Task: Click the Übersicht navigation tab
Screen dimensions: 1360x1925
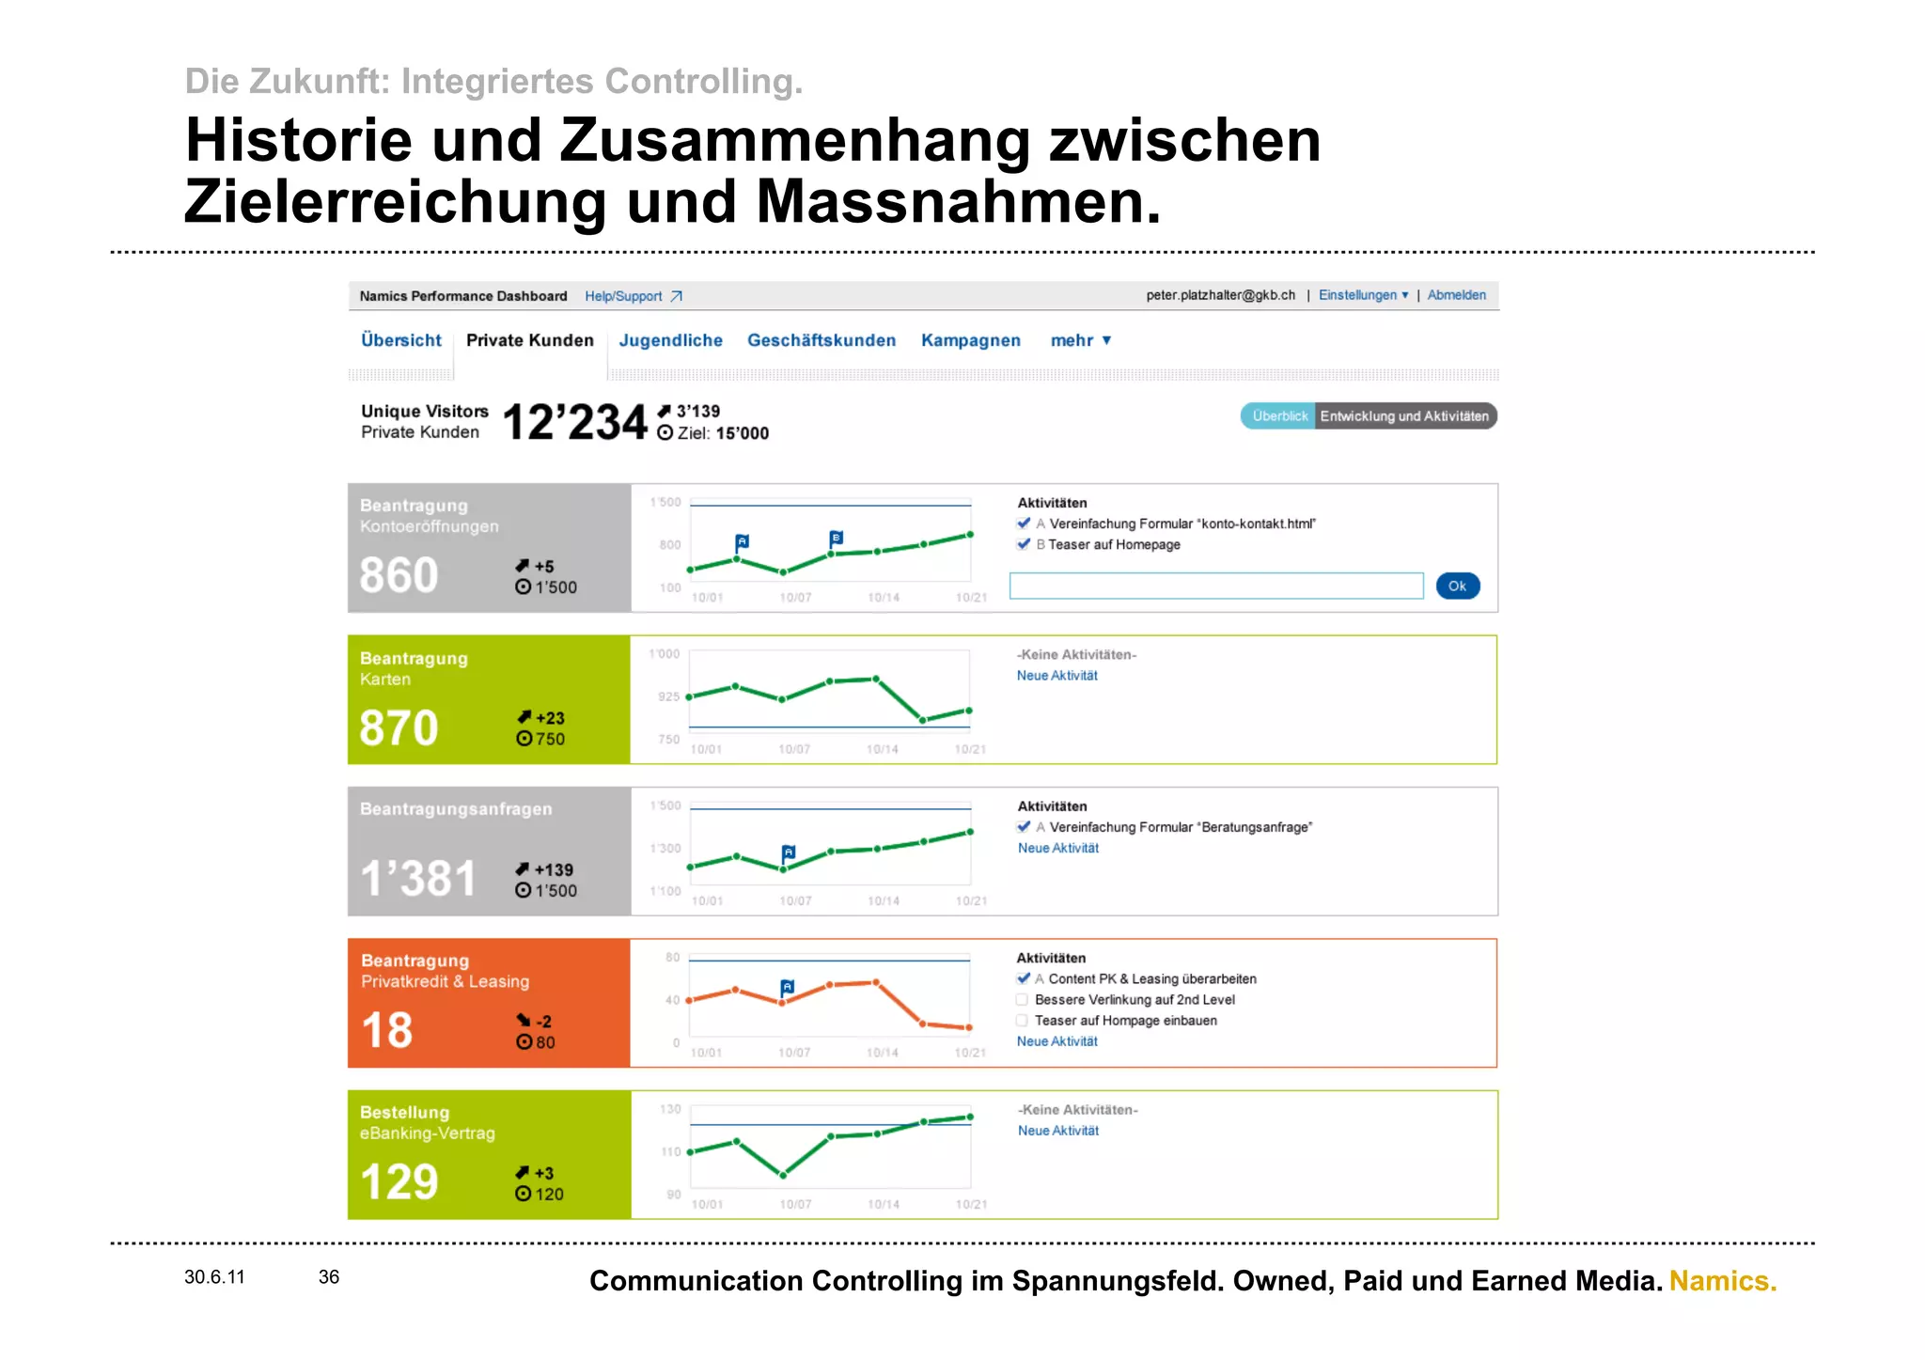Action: [x=400, y=340]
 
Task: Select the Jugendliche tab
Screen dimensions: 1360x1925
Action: [x=670, y=340]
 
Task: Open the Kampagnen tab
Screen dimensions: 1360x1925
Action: [x=970, y=340]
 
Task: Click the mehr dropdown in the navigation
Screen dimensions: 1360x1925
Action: [x=1080, y=340]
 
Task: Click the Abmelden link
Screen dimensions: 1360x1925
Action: [x=1456, y=295]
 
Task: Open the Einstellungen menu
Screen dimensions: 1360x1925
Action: [x=1362, y=295]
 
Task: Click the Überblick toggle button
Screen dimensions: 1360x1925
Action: [x=1278, y=416]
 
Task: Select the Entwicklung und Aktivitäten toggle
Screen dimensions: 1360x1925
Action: [x=1403, y=416]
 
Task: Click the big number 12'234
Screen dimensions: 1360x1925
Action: [x=574, y=422]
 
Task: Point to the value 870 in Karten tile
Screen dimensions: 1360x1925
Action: [x=399, y=728]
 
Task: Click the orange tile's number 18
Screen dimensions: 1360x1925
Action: [x=386, y=1031]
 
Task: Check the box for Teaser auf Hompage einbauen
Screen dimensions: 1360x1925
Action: [x=1022, y=1021]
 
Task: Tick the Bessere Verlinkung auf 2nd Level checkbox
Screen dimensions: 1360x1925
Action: [x=1022, y=1000]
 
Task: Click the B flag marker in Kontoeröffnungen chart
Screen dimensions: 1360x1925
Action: [x=836, y=539]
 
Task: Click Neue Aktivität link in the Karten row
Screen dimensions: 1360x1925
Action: [x=1056, y=676]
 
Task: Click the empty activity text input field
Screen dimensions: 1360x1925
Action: [x=1215, y=586]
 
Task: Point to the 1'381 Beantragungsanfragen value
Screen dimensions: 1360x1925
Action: [x=418, y=880]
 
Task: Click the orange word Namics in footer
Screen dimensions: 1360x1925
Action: [x=1722, y=1281]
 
